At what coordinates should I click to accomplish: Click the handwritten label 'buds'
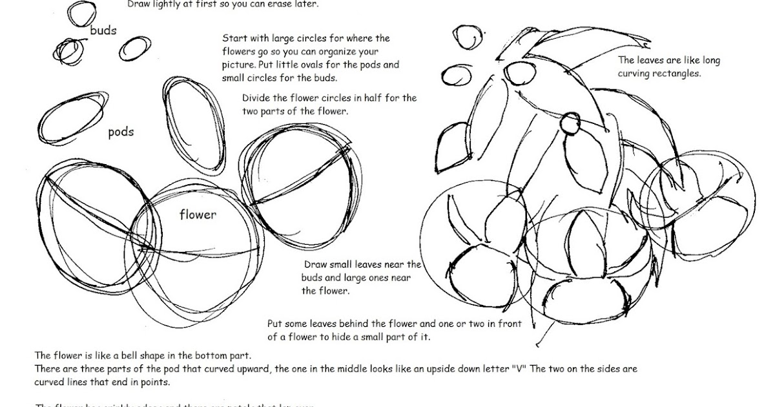click(103, 30)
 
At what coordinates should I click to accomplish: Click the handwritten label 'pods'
click(121, 132)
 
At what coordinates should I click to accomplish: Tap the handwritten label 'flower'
click(198, 214)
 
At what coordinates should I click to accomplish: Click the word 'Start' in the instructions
click(234, 39)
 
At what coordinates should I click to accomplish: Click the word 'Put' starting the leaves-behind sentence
click(275, 323)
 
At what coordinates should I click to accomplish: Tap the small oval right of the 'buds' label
click(134, 47)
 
